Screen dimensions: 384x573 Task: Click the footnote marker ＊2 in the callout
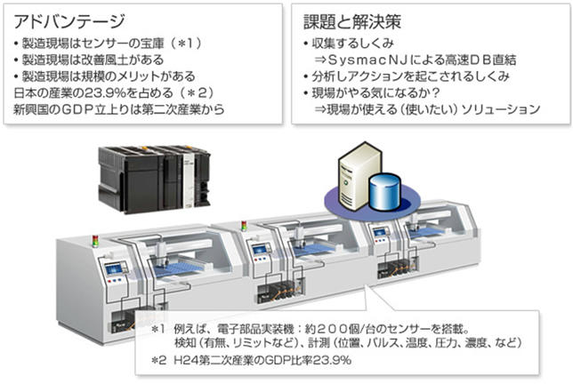(158, 360)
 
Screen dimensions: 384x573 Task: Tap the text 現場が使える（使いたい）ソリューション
(427, 108)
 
